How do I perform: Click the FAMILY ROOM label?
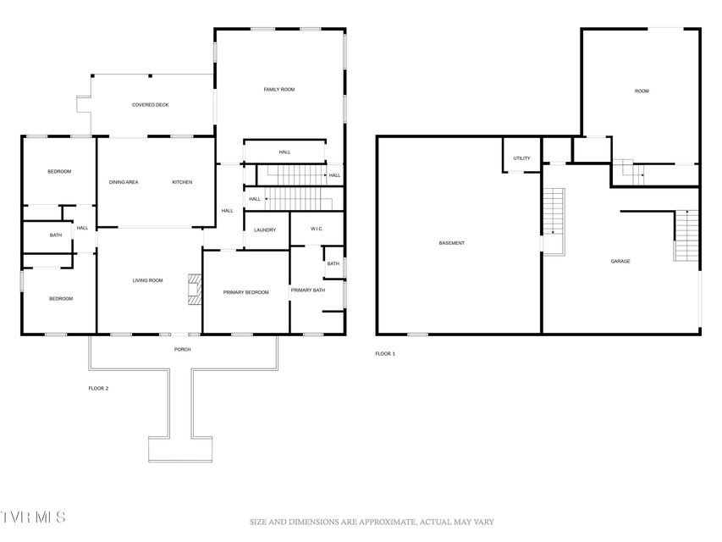279,90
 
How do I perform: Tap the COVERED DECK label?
150,105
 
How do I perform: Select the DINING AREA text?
124,183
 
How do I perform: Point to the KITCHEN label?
182,183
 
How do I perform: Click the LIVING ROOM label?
148,280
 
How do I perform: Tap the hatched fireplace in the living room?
195,290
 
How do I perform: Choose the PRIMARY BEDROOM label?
245,293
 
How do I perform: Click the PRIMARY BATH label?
307,290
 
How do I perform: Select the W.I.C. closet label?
317,229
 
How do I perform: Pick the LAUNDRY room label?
265,230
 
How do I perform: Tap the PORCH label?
182,350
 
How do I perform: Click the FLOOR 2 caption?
98,389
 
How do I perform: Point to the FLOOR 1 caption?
385,354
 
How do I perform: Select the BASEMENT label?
452,243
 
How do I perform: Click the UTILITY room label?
521,158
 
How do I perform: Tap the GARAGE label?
620,262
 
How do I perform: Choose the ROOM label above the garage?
642,91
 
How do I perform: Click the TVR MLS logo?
33,517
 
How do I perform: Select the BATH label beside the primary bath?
333,264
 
